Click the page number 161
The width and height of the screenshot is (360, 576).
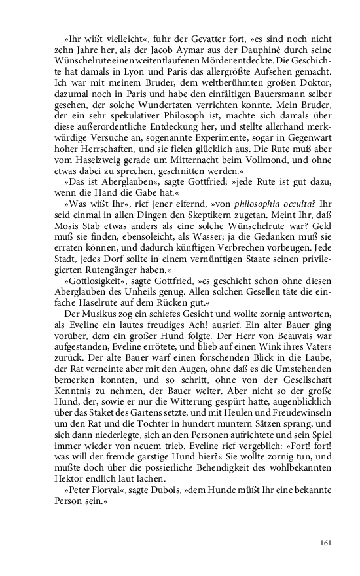tap(327, 542)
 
